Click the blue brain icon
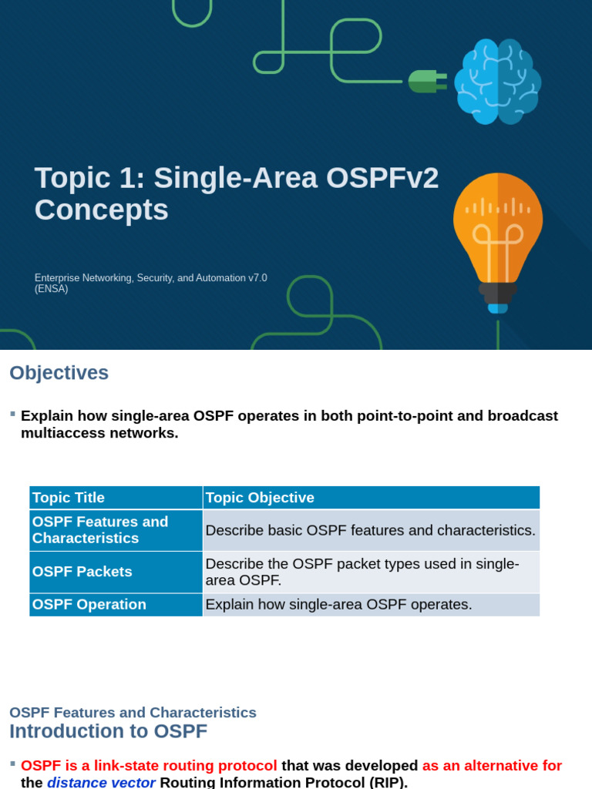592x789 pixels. [497, 81]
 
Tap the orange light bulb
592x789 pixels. [497, 231]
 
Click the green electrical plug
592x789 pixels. [426, 81]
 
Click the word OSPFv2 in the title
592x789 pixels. [382, 179]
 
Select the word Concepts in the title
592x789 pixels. [101, 210]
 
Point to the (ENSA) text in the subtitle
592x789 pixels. [51, 290]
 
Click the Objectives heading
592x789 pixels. [59, 373]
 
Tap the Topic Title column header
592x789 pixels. [68, 498]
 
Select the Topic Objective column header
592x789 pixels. [260, 498]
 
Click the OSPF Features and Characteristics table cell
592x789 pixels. [116, 530]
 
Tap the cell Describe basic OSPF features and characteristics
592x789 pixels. [370, 530]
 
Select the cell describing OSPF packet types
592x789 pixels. [370, 572]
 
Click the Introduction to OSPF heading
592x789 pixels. [108, 731]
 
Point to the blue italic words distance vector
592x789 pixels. [101, 783]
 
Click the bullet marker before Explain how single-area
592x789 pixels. [12, 414]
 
